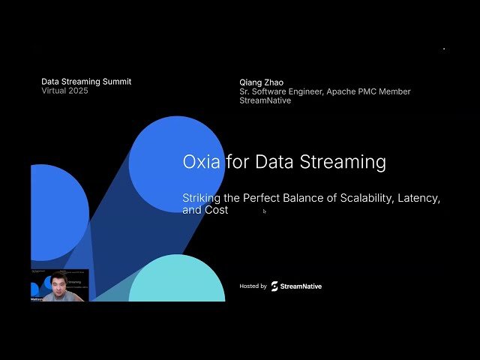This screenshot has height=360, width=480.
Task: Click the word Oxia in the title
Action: pyautogui.click(x=201, y=161)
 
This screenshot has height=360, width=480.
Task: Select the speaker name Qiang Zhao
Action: pyautogui.click(x=262, y=82)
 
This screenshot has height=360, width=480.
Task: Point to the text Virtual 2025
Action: pyautogui.click(x=64, y=91)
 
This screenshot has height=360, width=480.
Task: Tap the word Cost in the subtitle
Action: pyautogui.click(x=216, y=211)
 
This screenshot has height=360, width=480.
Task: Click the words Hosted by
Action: pyautogui.click(x=253, y=286)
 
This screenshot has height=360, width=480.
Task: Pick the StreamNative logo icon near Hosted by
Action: pyautogui.click(x=274, y=286)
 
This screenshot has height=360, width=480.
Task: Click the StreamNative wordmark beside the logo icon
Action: pyautogui.click(x=301, y=286)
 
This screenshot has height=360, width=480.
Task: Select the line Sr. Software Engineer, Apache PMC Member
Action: pyautogui.click(x=325, y=91)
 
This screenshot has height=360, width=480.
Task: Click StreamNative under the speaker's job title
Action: pyautogui.click(x=265, y=100)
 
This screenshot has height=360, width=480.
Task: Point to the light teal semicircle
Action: pyautogui.click(x=177, y=281)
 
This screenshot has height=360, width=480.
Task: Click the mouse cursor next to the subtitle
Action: pyautogui.click(x=264, y=211)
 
